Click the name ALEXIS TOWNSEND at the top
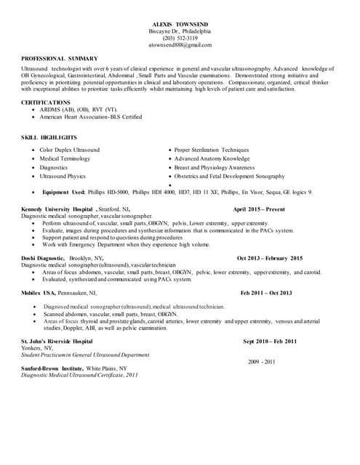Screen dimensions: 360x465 point(180,25)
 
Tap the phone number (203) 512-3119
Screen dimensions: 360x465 point(180,38)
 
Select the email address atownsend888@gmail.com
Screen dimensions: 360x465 point(180,45)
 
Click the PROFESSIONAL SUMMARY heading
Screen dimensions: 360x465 point(55,58)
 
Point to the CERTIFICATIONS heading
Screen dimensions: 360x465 point(46,102)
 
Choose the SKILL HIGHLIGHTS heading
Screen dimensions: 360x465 point(49,137)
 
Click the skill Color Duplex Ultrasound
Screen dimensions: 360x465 point(70,150)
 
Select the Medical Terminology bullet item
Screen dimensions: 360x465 point(65,158)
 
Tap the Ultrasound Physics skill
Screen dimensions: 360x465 point(63,177)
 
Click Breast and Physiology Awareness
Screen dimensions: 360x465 point(215,168)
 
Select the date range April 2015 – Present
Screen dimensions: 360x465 point(259,209)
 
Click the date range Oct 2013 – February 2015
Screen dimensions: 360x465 point(270,258)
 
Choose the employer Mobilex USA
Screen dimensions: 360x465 point(39,293)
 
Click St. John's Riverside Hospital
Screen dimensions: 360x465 point(57,341)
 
